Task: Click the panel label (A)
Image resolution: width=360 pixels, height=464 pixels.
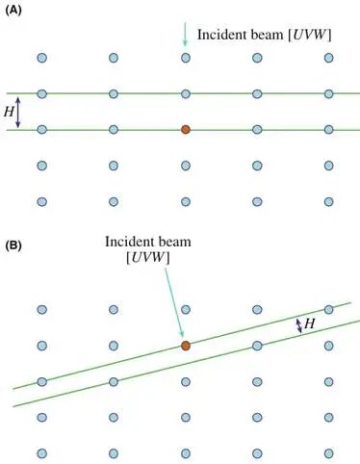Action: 13,11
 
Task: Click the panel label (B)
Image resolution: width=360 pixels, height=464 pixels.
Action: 13,245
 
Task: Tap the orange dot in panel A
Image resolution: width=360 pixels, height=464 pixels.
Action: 186,130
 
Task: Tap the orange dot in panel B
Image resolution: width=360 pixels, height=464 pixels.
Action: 186,346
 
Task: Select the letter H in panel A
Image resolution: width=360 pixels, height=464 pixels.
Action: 9,112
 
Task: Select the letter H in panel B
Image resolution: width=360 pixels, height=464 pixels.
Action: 309,323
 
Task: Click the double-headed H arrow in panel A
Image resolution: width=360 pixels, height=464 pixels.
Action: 17,112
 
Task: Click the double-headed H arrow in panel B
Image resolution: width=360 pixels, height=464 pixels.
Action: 298,325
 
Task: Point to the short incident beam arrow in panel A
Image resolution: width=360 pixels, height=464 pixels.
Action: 185,34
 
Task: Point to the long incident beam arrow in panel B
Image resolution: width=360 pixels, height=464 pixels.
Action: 174,302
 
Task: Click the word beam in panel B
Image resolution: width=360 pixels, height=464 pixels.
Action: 176,242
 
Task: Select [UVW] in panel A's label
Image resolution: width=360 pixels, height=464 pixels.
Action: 309,35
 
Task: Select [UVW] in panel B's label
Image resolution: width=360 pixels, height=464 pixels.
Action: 148,258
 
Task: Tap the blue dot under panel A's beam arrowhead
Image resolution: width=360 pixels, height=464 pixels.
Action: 186,58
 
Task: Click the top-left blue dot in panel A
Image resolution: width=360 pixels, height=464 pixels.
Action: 42,58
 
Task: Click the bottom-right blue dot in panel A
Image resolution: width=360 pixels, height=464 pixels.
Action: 328,202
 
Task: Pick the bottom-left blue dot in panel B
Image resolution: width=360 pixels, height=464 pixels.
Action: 42,453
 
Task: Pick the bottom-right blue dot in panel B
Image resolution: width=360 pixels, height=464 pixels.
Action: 328,453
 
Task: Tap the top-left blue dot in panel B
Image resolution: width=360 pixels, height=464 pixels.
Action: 42,310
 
